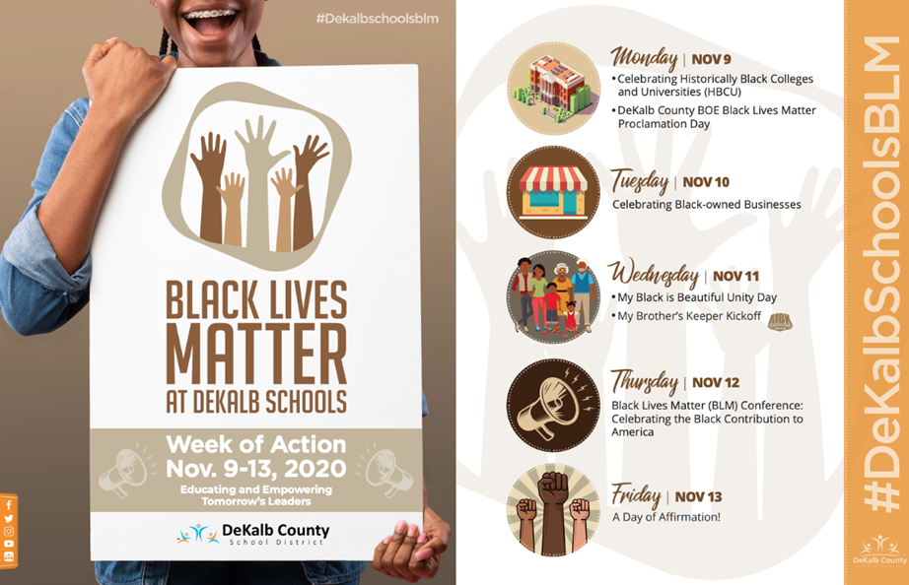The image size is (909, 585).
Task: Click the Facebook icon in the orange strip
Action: click(9, 505)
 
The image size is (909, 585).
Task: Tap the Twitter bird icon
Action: click(9, 518)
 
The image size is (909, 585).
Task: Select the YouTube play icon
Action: click(9, 544)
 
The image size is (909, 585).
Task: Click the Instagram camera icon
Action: click(9, 531)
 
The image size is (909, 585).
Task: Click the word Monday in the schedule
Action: click(644, 58)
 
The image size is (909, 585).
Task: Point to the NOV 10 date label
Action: click(706, 182)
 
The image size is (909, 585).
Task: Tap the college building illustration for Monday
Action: click(554, 89)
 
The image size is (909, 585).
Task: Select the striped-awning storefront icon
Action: click(554, 192)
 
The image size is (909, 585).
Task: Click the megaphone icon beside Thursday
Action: click(554, 405)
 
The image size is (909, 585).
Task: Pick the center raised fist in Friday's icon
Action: click(554, 512)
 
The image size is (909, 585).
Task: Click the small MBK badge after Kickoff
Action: click(780, 321)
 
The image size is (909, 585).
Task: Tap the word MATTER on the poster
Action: click(256, 354)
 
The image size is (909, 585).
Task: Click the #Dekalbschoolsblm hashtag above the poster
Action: click(377, 19)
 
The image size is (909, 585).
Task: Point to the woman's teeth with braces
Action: click(210, 15)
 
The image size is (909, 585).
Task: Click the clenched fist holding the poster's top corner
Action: click(131, 77)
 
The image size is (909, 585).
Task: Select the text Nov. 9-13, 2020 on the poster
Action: click(256, 468)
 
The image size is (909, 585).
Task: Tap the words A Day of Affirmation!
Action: click(666, 517)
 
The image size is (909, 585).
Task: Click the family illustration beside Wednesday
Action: click(554, 297)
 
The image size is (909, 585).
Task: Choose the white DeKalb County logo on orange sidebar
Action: click(879, 552)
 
